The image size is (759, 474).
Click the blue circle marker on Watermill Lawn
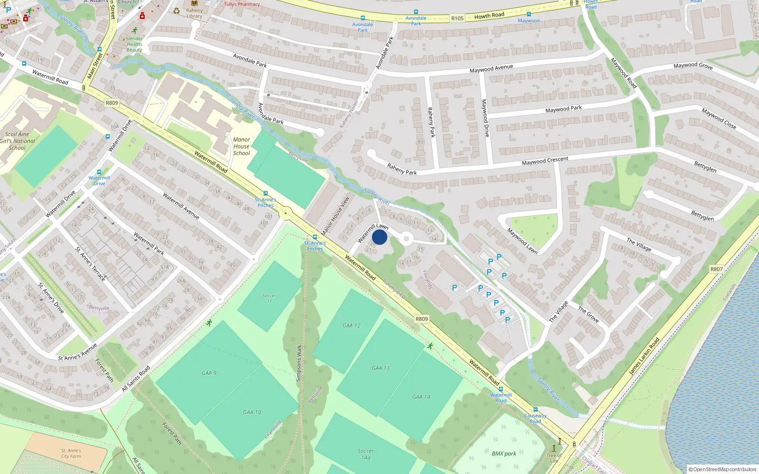(x=379, y=237)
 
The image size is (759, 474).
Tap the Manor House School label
(x=241, y=146)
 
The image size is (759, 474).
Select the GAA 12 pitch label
(x=352, y=326)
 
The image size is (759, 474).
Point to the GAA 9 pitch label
(x=209, y=373)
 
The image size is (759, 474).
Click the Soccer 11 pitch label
(x=269, y=298)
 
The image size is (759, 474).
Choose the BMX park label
(x=504, y=454)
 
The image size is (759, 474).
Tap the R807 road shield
(x=716, y=269)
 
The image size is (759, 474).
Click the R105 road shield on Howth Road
(x=457, y=18)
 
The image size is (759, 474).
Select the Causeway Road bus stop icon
(x=535, y=410)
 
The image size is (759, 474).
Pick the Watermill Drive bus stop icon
(x=99, y=172)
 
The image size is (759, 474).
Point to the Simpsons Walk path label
(x=299, y=363)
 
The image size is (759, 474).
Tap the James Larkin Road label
(x=644, y=356)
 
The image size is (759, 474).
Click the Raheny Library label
(x=194, y=13)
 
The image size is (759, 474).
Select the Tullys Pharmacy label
(x=242, y=4)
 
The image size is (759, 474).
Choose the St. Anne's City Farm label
(x=71, y=454)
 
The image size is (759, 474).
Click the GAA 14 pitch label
(x=421, y=397)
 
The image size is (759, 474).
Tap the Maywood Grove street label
(x=693, y=66)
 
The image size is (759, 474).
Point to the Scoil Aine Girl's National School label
(x=18, y=141)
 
